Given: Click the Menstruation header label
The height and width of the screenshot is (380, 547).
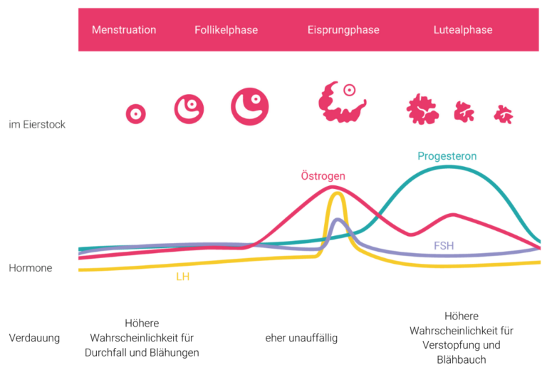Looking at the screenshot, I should [124, 30].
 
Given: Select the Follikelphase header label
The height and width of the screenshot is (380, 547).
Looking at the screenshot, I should [226, 30].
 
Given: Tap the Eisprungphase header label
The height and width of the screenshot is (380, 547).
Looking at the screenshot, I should [343, 30].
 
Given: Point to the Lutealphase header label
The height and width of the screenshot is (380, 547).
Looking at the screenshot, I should [463, 30].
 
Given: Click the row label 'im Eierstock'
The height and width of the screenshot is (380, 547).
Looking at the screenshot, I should [37, 125].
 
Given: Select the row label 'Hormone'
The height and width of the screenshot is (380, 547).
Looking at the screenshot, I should [31, 269].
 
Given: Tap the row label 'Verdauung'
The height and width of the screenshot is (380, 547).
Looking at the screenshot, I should [34, 338].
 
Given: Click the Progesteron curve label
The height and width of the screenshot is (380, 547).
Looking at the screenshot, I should [447, 156].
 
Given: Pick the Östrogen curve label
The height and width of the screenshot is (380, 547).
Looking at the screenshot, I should [323, 176].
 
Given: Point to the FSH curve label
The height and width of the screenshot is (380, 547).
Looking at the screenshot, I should [444, 246].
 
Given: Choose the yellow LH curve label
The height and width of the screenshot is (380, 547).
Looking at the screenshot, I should [183, 277].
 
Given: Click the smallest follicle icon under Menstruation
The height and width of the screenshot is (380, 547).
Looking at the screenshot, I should [135, 113].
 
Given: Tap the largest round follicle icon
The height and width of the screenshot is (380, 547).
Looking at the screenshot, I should [250, 106].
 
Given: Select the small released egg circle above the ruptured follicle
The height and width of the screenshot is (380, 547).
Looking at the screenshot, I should [349, 91].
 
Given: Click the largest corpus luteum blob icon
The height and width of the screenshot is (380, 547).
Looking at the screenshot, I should [422, 109].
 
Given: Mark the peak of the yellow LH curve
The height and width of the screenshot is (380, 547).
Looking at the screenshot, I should [336, 193].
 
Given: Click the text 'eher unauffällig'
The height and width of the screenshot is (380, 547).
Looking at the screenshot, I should [301, 338].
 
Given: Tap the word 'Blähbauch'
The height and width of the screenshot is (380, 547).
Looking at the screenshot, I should [462, 360].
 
